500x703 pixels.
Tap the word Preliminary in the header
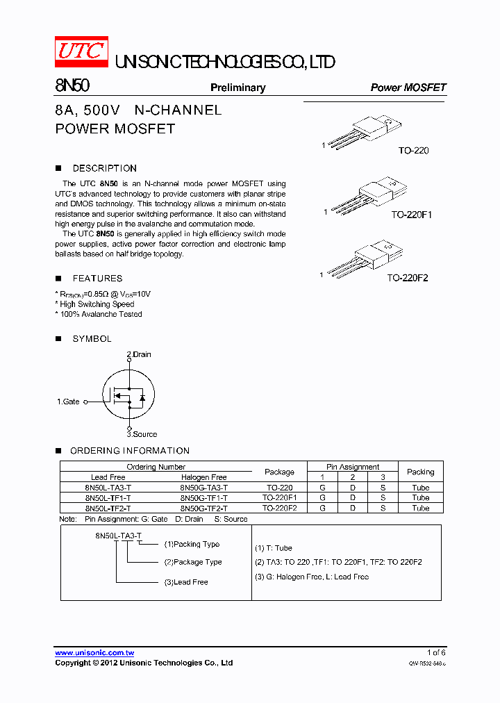[237, 88]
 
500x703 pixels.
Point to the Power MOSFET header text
[408, 88]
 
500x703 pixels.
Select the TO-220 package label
[413, 151]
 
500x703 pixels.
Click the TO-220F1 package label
[411, 215]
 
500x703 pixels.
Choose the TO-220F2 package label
[408, 278]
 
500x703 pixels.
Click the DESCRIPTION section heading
[104, 168]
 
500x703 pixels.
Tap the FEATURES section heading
[97, 278]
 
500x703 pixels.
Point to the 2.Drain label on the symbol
[139, 354]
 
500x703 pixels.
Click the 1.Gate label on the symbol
[68, 402]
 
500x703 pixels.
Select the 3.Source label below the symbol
[142, 434]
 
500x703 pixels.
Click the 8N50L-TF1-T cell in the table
[108, 498]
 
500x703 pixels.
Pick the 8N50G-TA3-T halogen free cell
[203, 488]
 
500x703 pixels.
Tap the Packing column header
[420, 472]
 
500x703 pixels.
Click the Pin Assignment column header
[353, 467]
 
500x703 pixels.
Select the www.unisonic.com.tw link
[94, 653]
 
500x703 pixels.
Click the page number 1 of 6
[436, 652]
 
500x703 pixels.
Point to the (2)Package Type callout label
[193, 562]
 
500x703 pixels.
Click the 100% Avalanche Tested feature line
[99, 314]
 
